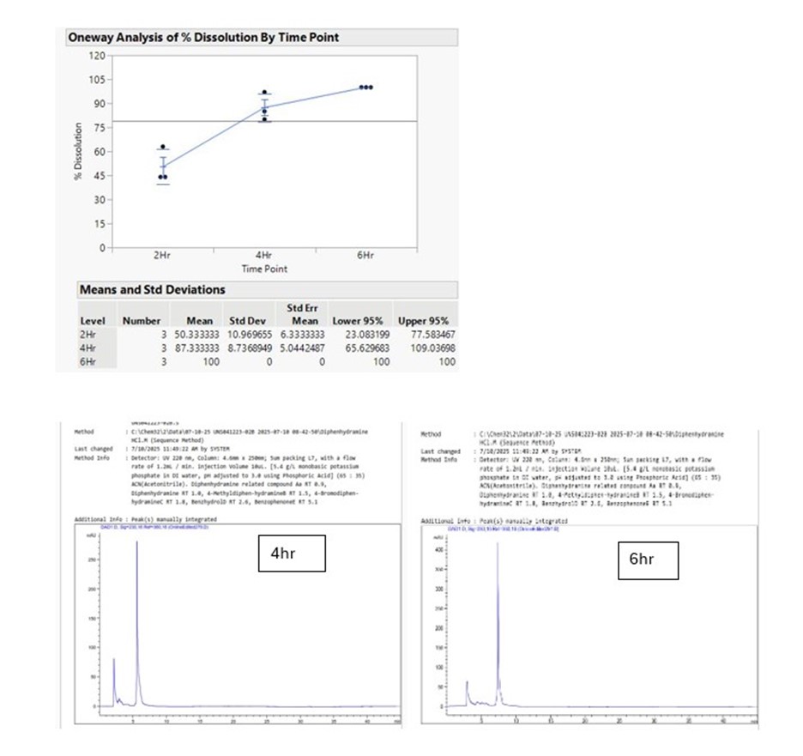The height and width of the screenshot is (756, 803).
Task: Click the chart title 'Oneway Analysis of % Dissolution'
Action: pyautogui.click(x=202, y=38)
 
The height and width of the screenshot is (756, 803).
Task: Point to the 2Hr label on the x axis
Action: pyautogui.click(x=161, y=256)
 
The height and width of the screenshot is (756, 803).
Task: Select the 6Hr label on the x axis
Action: pyautogui.click(x=366, y=256)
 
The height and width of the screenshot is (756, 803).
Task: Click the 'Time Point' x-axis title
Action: pyautogui.click(x=264, y=269)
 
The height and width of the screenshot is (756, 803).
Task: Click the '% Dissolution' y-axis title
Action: pyautogui.click(x=78, y=152)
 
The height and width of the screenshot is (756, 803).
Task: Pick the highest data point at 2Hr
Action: pyautogui.click(x=162, y=148)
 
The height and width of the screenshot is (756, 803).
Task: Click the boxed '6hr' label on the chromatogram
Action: pyautogui.click(x=641, y=559)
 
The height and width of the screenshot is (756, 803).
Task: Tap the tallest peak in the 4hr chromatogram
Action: pyautogui.click(x=137, y=545)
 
